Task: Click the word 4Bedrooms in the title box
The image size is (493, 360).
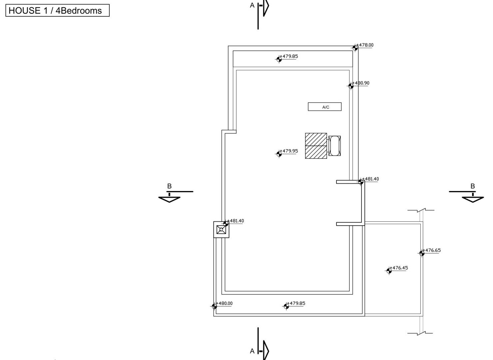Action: coord(79,11)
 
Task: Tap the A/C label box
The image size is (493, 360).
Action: coord(325,107)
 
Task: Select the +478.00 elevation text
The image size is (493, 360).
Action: coord(365,45)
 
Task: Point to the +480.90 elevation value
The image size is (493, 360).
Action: coord(361,83)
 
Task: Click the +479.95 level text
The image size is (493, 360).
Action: coord(289,151)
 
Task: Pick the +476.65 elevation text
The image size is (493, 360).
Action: coord(432,250)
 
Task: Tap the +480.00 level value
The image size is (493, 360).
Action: coord(224,303)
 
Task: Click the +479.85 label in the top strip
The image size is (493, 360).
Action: coord(289,56)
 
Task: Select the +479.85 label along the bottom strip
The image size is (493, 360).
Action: coord(296,303)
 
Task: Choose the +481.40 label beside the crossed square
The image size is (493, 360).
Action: coord(236,221)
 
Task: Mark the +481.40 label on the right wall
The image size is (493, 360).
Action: coord(371,179)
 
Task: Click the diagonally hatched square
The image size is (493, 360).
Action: coord(316,146)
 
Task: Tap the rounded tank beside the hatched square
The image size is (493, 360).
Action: coord(334,146)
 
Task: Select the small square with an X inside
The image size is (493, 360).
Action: coord(221,230)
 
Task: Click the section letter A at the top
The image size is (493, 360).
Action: coord(252,5)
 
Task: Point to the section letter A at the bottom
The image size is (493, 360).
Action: coord(252,351)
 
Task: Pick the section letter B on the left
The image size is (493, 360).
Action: coord(169,186)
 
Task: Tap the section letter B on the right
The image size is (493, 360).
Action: coord(473,186)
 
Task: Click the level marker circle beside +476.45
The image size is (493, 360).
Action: coord(389,271)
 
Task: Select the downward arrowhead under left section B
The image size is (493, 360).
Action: coord(169,199)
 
